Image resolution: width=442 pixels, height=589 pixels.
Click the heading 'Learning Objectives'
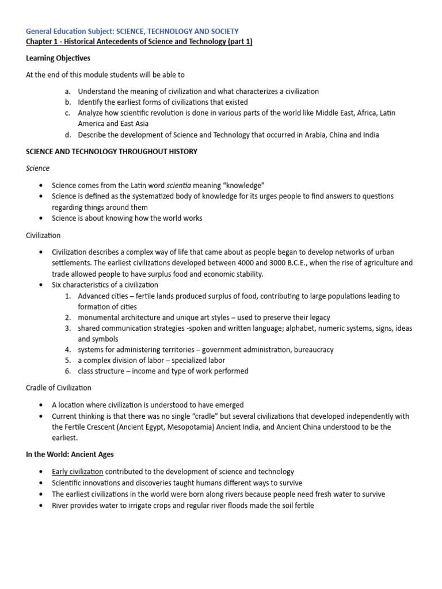(x=58, y=58)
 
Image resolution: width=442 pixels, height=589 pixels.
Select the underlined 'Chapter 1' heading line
(x=139, y=41)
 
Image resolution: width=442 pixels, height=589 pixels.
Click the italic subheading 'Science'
(x=38, y=168)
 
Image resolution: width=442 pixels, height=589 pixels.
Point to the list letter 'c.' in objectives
(x=68, y=113)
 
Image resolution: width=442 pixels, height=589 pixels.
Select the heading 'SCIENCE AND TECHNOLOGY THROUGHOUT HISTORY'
(x=112, y=151)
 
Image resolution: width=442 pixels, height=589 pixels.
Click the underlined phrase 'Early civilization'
(x=78, y=472)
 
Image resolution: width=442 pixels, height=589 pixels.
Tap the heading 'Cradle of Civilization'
(x=59, y=388)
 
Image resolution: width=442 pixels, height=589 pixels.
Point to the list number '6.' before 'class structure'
(x=68, y=371)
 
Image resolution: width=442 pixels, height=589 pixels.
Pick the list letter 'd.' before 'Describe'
(x=68, y=135)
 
